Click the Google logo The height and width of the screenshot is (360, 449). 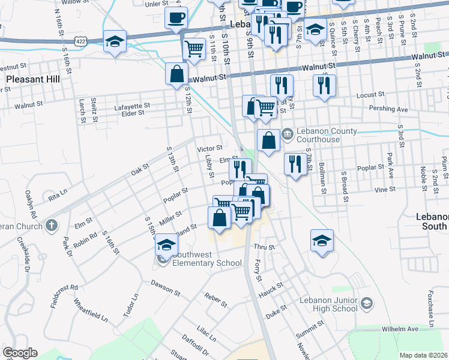[x=20, y=353]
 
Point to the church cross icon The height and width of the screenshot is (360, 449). [x=52, y=226]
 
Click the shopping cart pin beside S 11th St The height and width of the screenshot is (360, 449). [x=194, y=49]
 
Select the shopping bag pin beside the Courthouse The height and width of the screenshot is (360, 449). [x=269, y=140]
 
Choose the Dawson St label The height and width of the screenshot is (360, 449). [x=165, y=287]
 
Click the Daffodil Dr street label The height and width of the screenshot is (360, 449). [x=197, y=346]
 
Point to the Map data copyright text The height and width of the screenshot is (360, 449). [x=424, y=355]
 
